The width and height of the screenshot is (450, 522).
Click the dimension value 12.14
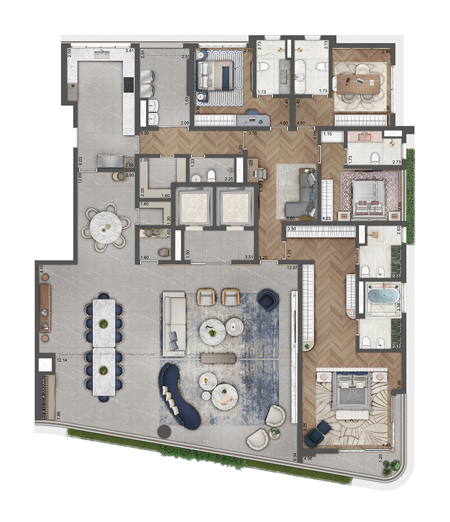point(62,361)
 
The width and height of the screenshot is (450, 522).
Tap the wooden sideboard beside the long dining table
point(45,307)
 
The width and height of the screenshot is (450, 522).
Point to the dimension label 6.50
point(261,175)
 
